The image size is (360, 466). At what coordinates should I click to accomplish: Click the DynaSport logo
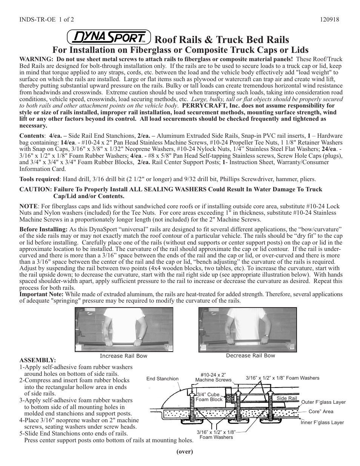coord(109,37)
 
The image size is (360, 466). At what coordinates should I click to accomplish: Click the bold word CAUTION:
coord(35,189)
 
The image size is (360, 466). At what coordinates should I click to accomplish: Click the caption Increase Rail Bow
coord(123,356)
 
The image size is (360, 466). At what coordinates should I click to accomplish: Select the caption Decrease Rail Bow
coord(251,355)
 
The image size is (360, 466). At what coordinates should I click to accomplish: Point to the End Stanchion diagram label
coord(162,378)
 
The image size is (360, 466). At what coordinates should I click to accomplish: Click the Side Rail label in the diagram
coord(287,398)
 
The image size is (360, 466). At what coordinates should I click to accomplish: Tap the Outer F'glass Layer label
coord(323,402)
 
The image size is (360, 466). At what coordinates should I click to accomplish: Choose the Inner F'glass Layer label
coord(322,422)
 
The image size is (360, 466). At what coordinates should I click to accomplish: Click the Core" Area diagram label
coord(321,412)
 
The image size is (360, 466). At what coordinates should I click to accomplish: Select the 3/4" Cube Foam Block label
coord(209,397)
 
